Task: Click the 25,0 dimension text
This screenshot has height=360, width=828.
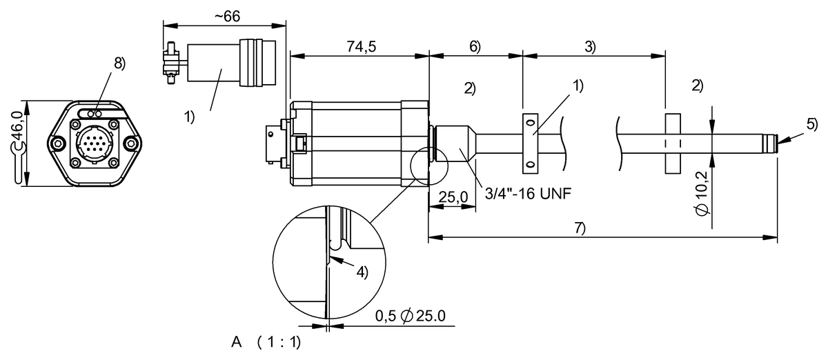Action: tap(453, 197)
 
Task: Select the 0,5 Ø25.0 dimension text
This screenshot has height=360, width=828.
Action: tap(411, 316)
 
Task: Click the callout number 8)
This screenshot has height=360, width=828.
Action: tap(119, 63)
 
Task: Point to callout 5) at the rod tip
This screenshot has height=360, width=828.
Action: tap(811, 124)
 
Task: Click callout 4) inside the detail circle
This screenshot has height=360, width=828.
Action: tap(361, 271)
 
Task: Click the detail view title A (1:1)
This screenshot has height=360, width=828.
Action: tap(268, 342)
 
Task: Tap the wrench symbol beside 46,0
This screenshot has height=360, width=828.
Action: tap(19, 166)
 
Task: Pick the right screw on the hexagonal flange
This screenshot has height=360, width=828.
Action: tap(130, 143)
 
